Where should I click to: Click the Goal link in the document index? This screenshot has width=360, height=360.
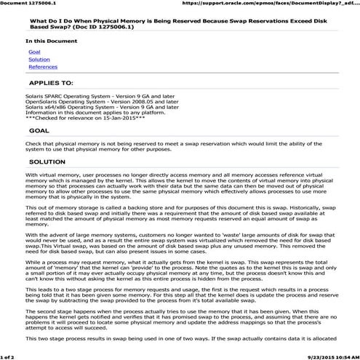[34, 52]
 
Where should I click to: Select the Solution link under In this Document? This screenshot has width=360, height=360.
[39, 60]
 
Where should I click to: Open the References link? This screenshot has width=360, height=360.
[42, 67]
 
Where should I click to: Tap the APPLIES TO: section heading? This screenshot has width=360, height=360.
[51, 84]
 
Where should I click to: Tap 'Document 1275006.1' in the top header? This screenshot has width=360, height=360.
[28, 4]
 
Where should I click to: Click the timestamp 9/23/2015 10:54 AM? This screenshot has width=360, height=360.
[331, 356]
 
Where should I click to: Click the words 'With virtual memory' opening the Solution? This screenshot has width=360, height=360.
[51, 176]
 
